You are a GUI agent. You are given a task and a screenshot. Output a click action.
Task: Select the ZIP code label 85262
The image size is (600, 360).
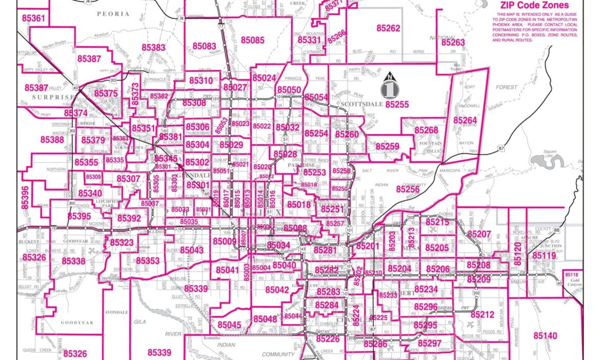[388, 29]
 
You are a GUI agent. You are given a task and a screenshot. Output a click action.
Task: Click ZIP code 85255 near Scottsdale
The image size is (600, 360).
[397, 104]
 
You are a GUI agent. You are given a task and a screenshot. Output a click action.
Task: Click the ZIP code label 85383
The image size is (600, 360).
[154, 48]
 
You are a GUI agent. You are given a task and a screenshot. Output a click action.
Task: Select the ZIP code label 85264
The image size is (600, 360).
[465, 121]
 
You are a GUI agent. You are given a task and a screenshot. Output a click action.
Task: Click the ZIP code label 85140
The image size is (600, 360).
[545, 335]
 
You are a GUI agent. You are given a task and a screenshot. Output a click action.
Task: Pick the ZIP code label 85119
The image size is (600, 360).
[544, 256]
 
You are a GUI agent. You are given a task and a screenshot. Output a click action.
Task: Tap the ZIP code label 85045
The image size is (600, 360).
[229, 325]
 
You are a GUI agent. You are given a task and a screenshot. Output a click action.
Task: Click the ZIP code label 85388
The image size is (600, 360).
[52, 139]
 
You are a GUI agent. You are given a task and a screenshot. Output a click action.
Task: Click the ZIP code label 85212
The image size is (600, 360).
[482, 314]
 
